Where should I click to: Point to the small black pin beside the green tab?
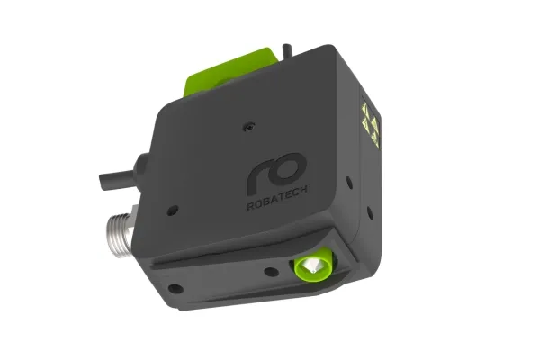[x=287, y=50]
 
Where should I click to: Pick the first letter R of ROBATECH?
[x=251, y=206]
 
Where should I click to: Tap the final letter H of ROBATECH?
[x=303, y=190]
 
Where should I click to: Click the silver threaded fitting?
[x=120, y=230]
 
